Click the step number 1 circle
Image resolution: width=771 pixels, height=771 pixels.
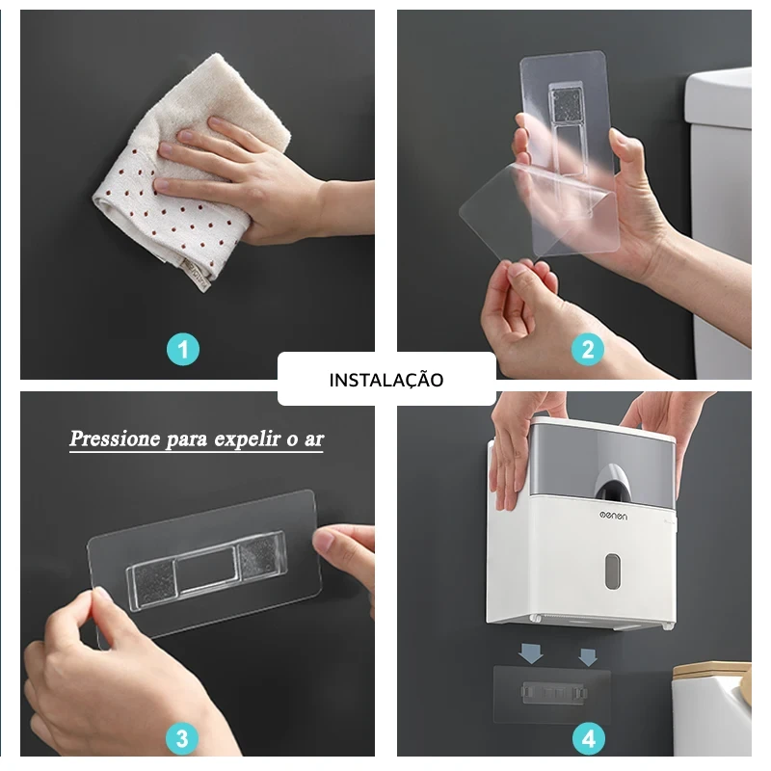click(183, 350)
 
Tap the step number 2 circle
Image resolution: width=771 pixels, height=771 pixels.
click(588, 349)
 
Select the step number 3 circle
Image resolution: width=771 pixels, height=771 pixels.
click(182, 738)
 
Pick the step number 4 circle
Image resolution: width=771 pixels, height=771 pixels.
click(589, 738)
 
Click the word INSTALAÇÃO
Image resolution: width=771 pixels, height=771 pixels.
click(386, 380)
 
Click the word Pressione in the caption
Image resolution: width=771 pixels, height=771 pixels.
click(115, 439)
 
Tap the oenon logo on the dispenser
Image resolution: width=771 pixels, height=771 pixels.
click(613, 516)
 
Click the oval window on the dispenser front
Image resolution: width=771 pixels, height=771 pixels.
click(612, 571)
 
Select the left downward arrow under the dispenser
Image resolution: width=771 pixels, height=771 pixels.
click(531, 653)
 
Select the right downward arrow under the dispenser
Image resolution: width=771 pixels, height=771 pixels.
click(588, 657)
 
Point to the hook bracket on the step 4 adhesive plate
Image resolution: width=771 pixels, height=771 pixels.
click(554, 692)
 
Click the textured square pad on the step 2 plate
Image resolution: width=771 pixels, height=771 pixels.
click(567, 105)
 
